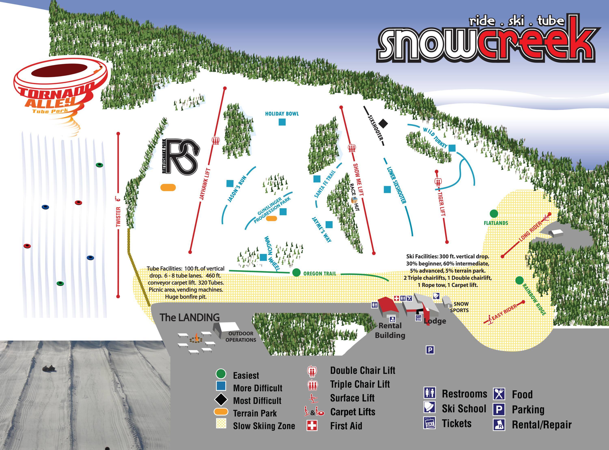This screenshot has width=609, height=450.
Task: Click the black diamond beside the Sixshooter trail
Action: coord(383,123)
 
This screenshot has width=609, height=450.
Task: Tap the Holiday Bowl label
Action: coord(282,114)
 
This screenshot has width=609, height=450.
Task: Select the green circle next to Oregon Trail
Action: coord(296,272)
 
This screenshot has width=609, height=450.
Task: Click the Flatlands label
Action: coord(496,223)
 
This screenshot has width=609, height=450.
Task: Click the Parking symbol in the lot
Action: coord(430,350)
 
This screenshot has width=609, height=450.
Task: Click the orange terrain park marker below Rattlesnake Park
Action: coord(168,187)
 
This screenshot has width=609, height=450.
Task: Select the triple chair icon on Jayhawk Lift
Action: coord(215,141)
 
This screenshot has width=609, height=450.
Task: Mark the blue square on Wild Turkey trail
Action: coord(452,148)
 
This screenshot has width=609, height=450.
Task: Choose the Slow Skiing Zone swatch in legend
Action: coord(221,424)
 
